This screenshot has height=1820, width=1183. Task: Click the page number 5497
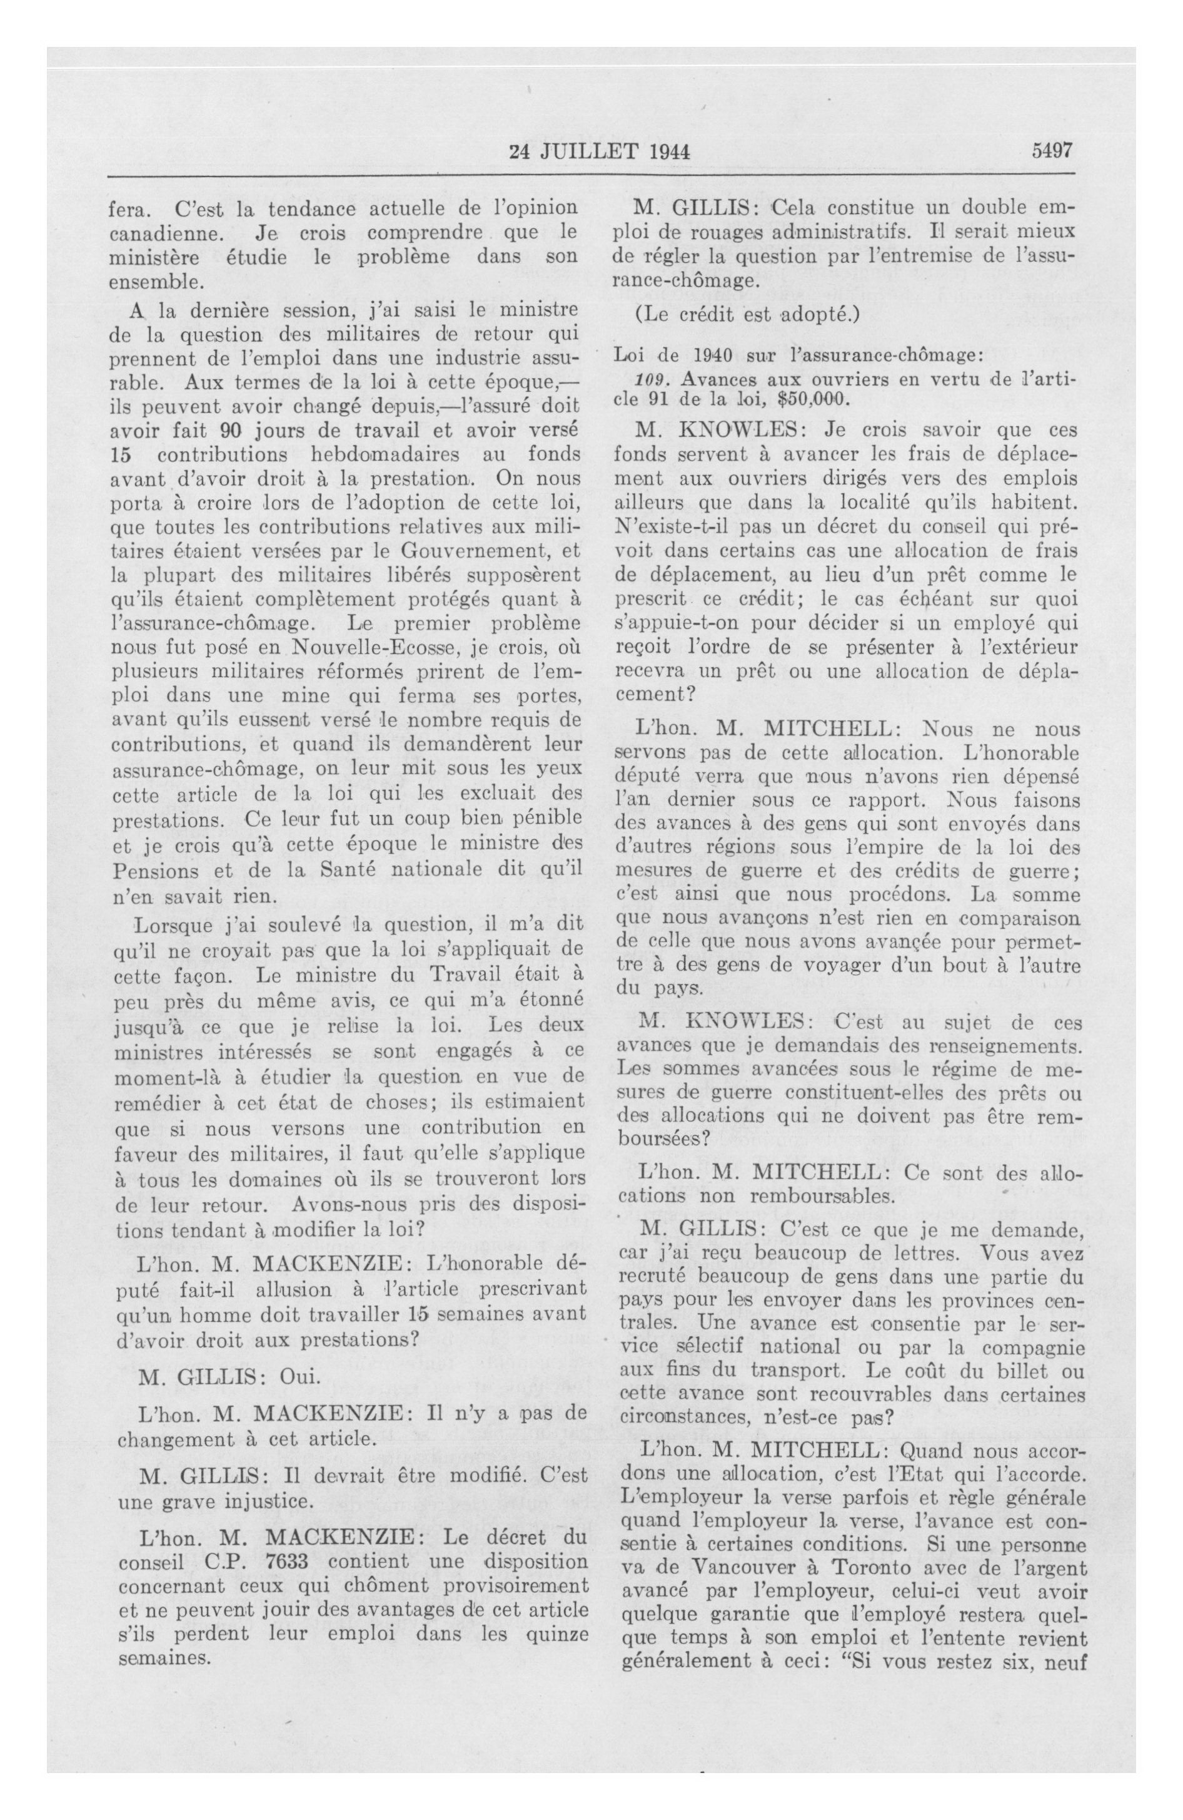point(1052,151)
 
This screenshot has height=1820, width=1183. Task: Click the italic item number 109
point(650,379)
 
